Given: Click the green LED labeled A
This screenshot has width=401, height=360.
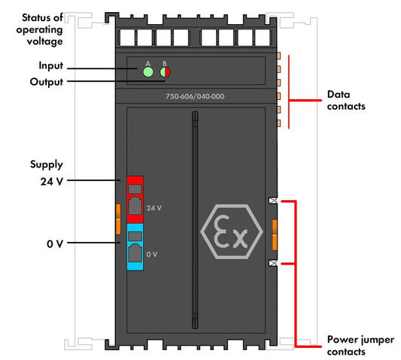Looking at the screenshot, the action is click(x=148, y=72).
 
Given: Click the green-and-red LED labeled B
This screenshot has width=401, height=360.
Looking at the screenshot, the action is click(x=165, y=72).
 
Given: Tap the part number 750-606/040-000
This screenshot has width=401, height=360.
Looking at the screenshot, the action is click(x=195, y=97).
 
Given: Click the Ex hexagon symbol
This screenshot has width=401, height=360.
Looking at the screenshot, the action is click(x=232, y=231).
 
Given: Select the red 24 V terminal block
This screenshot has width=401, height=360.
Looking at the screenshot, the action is click(x=135, y=200).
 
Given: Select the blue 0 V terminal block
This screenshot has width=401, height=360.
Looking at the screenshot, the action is click(x=135, y=247).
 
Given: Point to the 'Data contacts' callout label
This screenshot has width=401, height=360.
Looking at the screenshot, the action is click(x=346, y=100).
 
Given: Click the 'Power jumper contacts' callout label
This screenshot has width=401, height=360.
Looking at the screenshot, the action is click(x=360, y=346).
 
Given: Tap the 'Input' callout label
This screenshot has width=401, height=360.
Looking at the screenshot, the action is click(x=51, y=65).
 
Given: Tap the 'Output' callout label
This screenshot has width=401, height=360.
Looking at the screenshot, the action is click(x=47, y=82).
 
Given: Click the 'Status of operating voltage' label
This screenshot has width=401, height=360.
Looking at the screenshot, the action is click(x=40, y=29).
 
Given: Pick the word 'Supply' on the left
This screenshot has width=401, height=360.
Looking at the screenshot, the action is click(x=47, y=165).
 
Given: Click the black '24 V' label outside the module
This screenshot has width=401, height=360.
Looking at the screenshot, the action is click(x=52, y=181).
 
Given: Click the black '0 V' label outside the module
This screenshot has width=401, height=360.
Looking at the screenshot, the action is click(x=55, y=244).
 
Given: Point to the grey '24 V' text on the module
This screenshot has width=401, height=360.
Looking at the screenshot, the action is click(x=154, y=208).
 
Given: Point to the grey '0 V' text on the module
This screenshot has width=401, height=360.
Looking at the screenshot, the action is click(x=152, y=254).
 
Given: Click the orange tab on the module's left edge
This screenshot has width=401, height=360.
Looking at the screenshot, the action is click(x=118, y=219).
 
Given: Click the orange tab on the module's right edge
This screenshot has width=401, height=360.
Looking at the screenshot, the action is click(x=275, y=234).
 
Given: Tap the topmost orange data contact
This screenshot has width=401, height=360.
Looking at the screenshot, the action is click(x=279, y=56).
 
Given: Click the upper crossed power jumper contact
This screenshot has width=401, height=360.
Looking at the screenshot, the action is click(x=273, y=201).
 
